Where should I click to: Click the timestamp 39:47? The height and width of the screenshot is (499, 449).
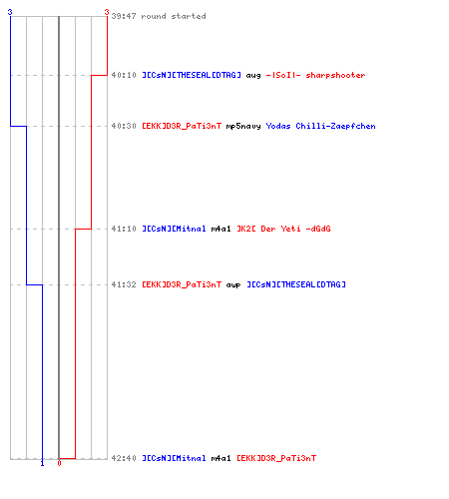coord(124,16)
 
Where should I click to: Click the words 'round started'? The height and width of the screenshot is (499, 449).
coord(174,16)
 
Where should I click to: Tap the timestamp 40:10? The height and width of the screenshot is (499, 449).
coord(124,75)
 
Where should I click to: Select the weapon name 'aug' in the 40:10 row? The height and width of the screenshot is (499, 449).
coord(253,76)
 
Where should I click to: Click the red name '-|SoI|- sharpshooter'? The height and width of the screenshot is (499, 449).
coord(315,75)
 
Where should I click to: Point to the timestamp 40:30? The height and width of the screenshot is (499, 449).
coord(124,126)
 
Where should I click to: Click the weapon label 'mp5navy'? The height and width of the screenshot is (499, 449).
coord(243,127)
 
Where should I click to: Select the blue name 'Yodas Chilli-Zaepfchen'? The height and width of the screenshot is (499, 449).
coord(320,126)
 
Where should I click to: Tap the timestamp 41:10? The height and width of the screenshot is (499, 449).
coord(124,229)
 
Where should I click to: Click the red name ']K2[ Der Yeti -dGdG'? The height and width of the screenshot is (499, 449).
coord(283,229)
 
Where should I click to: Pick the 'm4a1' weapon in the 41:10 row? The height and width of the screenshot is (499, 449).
coord(221,229)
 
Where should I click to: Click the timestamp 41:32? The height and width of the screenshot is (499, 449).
coord(124,284)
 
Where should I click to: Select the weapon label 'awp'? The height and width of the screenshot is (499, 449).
coord(233,285)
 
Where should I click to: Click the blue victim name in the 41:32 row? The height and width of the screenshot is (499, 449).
coord(296,284)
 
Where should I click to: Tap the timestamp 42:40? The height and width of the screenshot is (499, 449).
coord(124,458)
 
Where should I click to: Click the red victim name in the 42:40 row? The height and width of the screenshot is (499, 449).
coord(276,458)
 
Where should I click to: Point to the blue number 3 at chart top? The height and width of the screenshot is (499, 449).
coord(10,12)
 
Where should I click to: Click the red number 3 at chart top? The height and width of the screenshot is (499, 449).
coord(107,12)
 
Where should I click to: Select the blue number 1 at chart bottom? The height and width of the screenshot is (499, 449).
coord(42,463)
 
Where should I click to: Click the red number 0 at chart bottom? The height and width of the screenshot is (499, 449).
coord(59,463)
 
